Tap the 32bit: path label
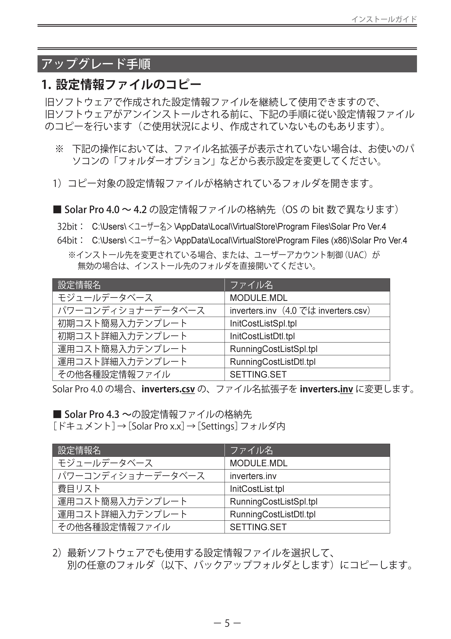pos(70,227)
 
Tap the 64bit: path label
pos(70,240)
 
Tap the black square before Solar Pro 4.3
pos(57,414)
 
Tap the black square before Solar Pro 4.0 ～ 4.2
pos(57,209)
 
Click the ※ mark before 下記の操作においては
pos(59,149)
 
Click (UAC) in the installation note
pos(357,255)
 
